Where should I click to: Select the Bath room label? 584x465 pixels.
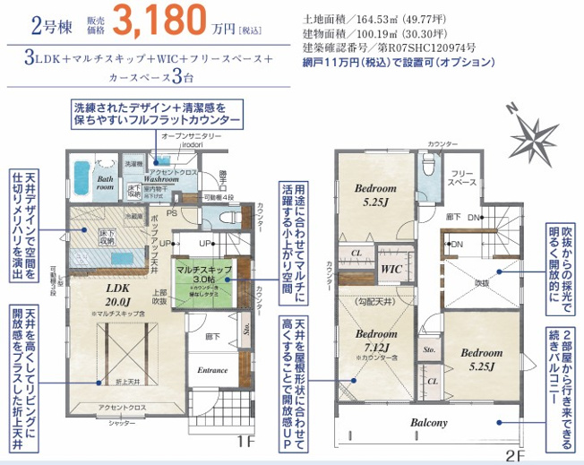tap(105, 183)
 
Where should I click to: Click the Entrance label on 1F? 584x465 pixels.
tap(211, 369)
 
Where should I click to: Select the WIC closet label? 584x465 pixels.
tap(391, 267)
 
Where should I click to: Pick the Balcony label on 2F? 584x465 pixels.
tap(429, 421)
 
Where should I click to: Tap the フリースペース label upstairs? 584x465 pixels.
tap(462, 177)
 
